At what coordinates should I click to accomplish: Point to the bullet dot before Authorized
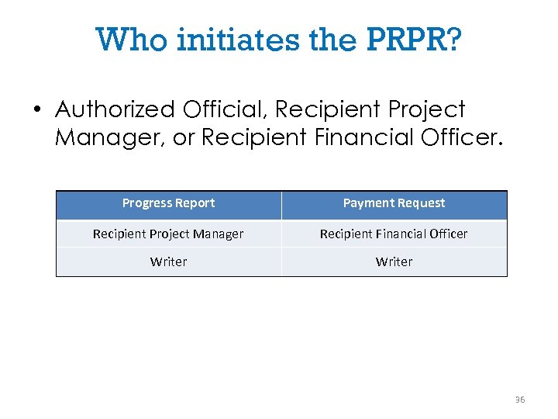coord(36,109)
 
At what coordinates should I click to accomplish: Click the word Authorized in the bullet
coord(115,109)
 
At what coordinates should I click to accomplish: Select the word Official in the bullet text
coord(226,109)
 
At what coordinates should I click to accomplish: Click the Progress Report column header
coord(168,203)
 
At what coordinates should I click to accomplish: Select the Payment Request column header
coord(394,203)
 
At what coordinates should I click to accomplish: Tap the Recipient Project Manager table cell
coord(168,234)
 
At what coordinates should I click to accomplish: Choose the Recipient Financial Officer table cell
coord(394,234)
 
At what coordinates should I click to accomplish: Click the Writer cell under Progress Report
coord(168,261)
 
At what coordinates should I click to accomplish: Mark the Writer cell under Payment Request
coord(394,261)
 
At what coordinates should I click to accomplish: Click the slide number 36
coord(519,400)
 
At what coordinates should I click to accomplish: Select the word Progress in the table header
coord(147,203)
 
